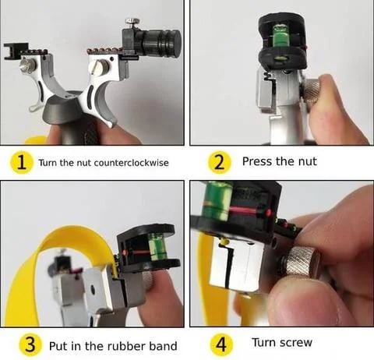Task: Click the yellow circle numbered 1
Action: [23, 162]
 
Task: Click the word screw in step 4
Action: [302, 342]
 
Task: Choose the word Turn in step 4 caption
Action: [265, 342]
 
